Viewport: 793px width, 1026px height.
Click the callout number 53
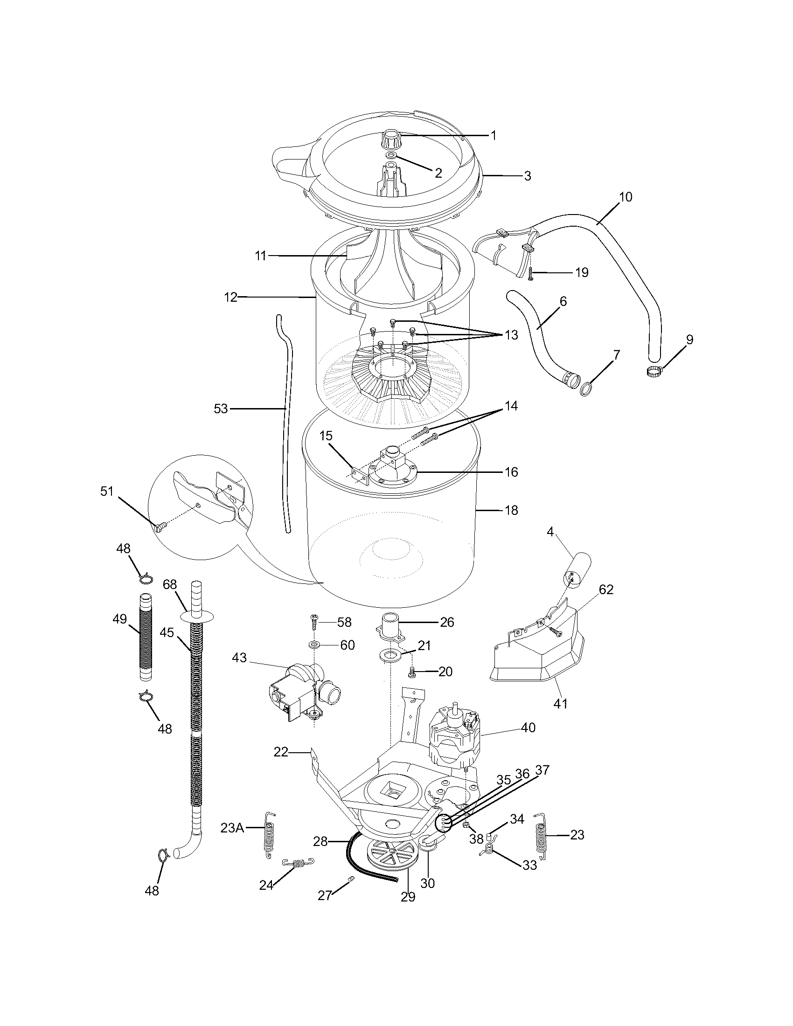click(x=220, y=409)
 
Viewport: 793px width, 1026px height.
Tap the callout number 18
click(x=511, y=510)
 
